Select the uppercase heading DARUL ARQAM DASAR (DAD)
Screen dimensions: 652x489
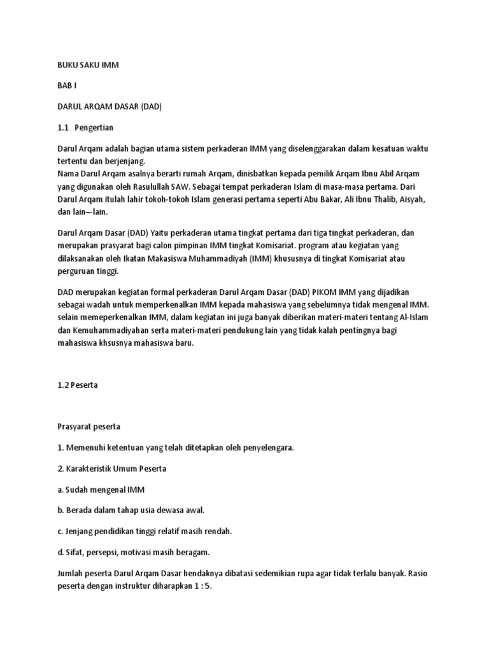110,106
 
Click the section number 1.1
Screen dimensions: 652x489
63,127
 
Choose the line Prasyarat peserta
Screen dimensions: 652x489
89,426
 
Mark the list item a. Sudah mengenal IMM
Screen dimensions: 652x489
97,489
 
